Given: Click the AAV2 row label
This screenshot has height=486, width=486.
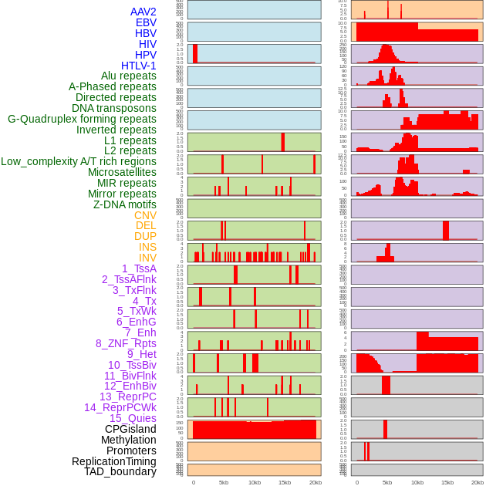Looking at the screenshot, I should (x=143, y=12).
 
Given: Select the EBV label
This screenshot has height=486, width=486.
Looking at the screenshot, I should (x=146, y=22).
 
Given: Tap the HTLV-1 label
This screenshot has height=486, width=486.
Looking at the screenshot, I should (x=139, y=66).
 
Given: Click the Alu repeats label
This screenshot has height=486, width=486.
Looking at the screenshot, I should (x=128, y=76).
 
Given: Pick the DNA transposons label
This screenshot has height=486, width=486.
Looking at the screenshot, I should (x=114, y=108).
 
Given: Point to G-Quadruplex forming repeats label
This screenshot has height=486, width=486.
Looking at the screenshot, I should (x=82, y=119).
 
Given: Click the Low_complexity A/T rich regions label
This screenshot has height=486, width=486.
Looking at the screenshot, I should (x=79, y=161).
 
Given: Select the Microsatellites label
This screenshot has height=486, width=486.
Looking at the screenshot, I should (x=122, y=172).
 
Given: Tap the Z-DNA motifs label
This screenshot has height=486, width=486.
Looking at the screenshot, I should (x=125, y=204).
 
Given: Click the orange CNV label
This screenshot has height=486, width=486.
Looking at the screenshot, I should (x=145, y=215).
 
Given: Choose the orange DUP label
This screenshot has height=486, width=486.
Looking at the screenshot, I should (x=145, y=236).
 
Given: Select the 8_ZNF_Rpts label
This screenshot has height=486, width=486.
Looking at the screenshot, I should (x=126, y=343).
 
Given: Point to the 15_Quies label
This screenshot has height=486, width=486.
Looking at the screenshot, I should (x=133, y=418).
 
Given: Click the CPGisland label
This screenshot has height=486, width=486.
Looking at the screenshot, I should (x=130, y=429).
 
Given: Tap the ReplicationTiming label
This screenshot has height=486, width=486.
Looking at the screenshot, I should (x=114, y=461).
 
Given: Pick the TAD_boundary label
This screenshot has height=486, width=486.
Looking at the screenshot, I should (x=120, y=471).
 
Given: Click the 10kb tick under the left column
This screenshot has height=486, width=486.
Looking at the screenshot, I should (x=255, y=482).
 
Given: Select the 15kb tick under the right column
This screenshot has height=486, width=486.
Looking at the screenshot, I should (x=447, y=482).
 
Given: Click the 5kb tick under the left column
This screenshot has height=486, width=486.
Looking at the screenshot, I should (x=224, y=482).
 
